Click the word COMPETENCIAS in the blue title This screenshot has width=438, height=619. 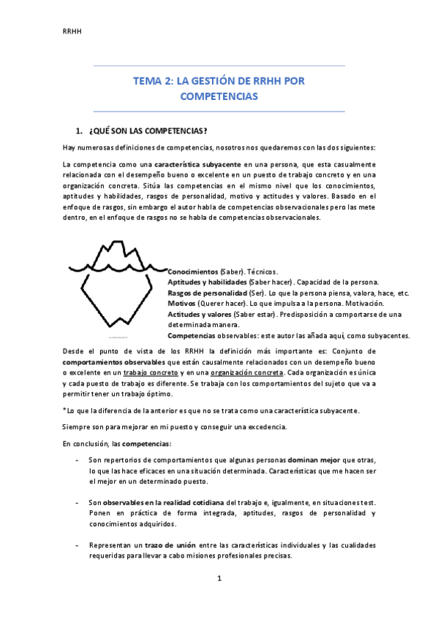pos(219,96)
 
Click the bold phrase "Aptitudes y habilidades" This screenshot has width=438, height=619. pos(207,282)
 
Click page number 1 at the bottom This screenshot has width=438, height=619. pos(219,579)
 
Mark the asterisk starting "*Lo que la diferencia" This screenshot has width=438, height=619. pos(65,410)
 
